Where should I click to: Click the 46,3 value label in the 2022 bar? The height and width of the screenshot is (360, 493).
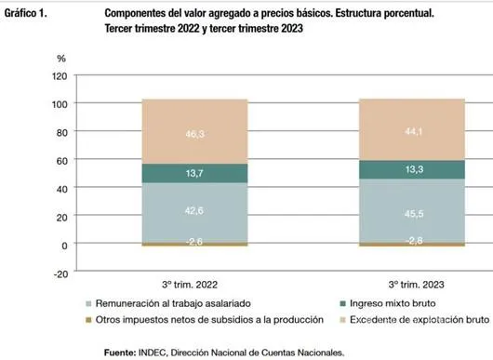click(195, 134)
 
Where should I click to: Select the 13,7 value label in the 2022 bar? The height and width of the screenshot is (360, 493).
click(195, 174)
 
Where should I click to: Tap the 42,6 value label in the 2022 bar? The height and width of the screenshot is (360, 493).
click(195, 211)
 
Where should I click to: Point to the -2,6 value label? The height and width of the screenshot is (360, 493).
click(194, 242)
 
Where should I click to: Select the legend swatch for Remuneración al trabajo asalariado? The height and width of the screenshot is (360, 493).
click(89, 303)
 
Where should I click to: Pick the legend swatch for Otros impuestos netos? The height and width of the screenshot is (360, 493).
click(89, 319)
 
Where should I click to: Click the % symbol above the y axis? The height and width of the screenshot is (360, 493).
click(62, 59)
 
